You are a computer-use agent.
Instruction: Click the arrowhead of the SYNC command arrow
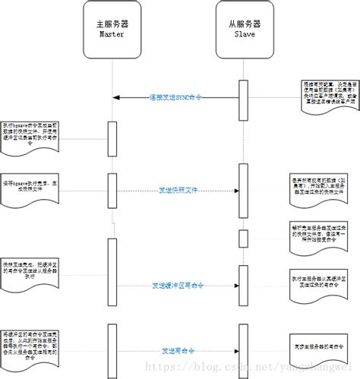[116, 97]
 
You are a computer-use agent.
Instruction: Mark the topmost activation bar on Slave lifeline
[243, 98]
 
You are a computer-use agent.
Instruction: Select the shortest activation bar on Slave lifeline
[243, 238]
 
